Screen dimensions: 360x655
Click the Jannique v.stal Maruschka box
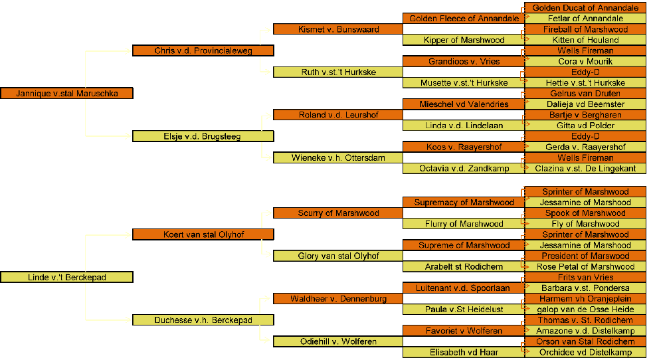(66, 94)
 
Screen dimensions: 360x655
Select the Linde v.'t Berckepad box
(66, 277)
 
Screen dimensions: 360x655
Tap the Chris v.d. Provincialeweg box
(203, 50)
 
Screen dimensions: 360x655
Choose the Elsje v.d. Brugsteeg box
(203, 136)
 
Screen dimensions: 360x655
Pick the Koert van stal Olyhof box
(203, 234)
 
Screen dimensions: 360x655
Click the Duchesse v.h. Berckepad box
(203, 320)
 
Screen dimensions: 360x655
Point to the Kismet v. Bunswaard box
(338, 29)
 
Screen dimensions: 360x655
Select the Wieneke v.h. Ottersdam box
(338, 158)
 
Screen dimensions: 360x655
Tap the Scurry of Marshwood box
(338, 213)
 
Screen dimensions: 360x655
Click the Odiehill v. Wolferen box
(338, 341)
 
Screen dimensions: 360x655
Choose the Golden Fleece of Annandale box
(464, 19)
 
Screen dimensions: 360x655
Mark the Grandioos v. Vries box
(464, 61)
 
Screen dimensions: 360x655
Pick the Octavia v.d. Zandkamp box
(464, 169)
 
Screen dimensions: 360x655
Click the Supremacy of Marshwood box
(464, 203)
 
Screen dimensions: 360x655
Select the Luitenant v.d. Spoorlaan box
(464, 288)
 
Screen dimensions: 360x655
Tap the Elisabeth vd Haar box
(464, 352)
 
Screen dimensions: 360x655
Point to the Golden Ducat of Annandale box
(585, 8)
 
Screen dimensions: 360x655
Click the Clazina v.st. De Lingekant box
(585, 169)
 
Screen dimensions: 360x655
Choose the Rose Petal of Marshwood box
(585, 266)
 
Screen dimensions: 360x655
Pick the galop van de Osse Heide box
(585, 310)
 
